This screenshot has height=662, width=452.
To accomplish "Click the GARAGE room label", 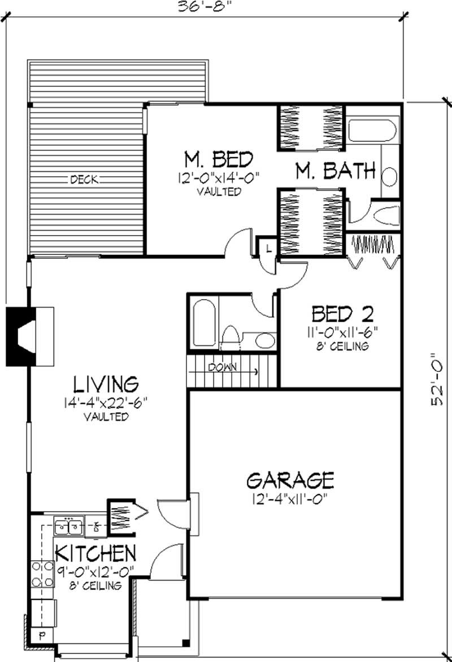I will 290,480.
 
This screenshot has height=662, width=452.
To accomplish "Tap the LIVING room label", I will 106,384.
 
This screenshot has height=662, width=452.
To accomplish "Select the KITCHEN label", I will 95,551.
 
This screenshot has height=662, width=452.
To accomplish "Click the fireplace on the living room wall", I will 29,336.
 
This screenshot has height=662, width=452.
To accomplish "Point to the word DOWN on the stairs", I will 222,367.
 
